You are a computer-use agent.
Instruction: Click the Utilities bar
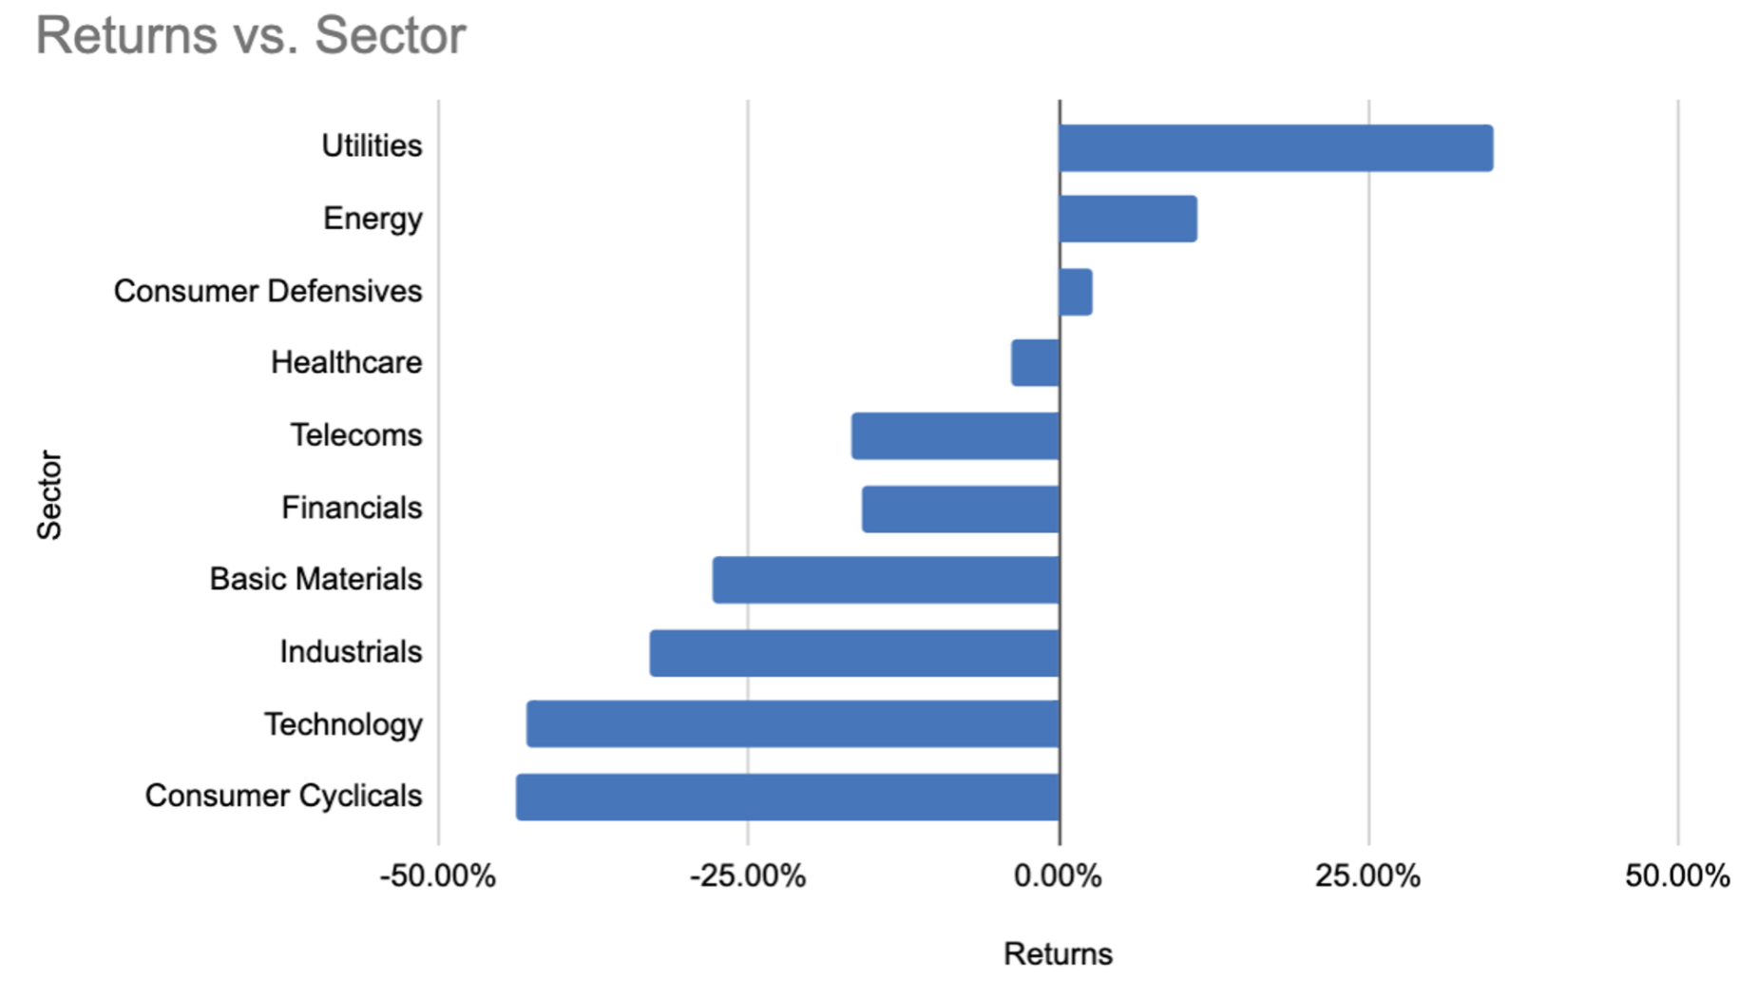pyautogui.click(x=1276, y=148)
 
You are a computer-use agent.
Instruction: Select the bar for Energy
pyautogui.click(x=1128, y=220)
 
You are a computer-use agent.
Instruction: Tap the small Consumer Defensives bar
pyautogui.click(x=1076, y=292)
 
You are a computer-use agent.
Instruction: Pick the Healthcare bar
pyautogui.click(x=1036, y=363)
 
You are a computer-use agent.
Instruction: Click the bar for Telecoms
pyautogui.click(x=955, y=436)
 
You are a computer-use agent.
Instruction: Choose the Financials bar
pyautogui.click(x=961, y=509)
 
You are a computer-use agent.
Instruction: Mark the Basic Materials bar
pyautogui.click(x=886, y=580)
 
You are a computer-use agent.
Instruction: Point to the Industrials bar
pyautogui.click(x=854, y=653)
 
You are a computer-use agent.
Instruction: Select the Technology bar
pyautogui.click(x=793, y=724)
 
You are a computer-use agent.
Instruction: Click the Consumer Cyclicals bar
pyautogui.click(x=788, y=797)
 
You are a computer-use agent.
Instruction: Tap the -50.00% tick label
pyautogui.click(x=438, y=875)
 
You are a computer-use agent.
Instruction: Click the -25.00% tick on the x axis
pyautogui.click(x=748, y=875)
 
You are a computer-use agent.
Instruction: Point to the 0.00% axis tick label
pyautogui.click(x=1059, y=875)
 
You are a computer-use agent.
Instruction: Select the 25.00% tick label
pyautogui.click(x=1368, y=875)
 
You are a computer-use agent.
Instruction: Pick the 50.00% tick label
pyautogui.click(x=1678, y=875)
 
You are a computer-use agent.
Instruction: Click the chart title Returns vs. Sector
pyautogui.click(x=251, y=36)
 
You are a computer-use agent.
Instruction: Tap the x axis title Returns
pyautogui.click(x=1059, y=953)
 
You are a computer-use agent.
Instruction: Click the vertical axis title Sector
pyautogui.click(x=49, y=495)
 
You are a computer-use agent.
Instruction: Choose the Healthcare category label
pyautogui.click(x=346, y=362)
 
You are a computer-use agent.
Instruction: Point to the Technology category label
pyautogui.click(x=343, y=724)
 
